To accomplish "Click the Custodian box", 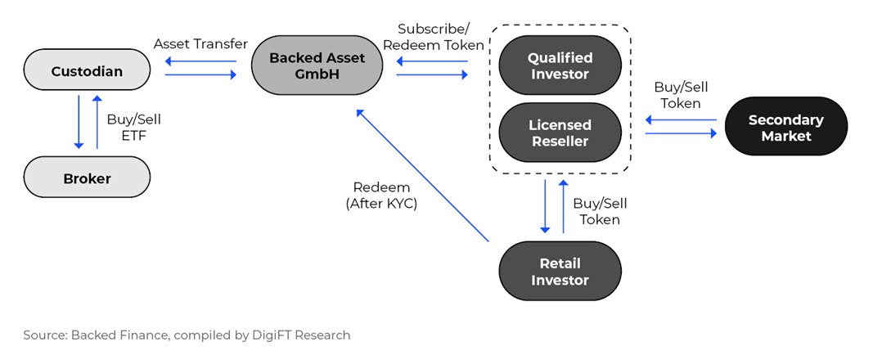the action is pos(87,72).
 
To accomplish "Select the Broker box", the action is pos(87,178).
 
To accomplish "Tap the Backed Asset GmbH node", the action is pos(317,65).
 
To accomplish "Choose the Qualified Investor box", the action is pos(560,65).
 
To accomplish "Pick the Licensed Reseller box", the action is pos(560,133).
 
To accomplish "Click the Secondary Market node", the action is pos(786,128).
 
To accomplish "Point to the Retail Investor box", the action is pos(560,272).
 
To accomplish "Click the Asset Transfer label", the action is pos(201,44).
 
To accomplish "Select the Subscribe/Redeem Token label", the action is pos(433,37).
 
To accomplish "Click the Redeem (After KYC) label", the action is pos(381,196).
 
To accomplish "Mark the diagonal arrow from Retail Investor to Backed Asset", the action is pos(422,175).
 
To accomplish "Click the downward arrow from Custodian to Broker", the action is pos(79,122).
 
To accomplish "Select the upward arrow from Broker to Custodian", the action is pos(97,122).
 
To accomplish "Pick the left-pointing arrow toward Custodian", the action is pos(201,61).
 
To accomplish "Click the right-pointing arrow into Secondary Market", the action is pos(681,133).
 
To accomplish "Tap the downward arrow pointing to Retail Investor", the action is pos(545,206).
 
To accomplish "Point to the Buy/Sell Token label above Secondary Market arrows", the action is pos(677,95).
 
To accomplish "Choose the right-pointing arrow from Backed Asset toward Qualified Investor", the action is pos(432,74).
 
